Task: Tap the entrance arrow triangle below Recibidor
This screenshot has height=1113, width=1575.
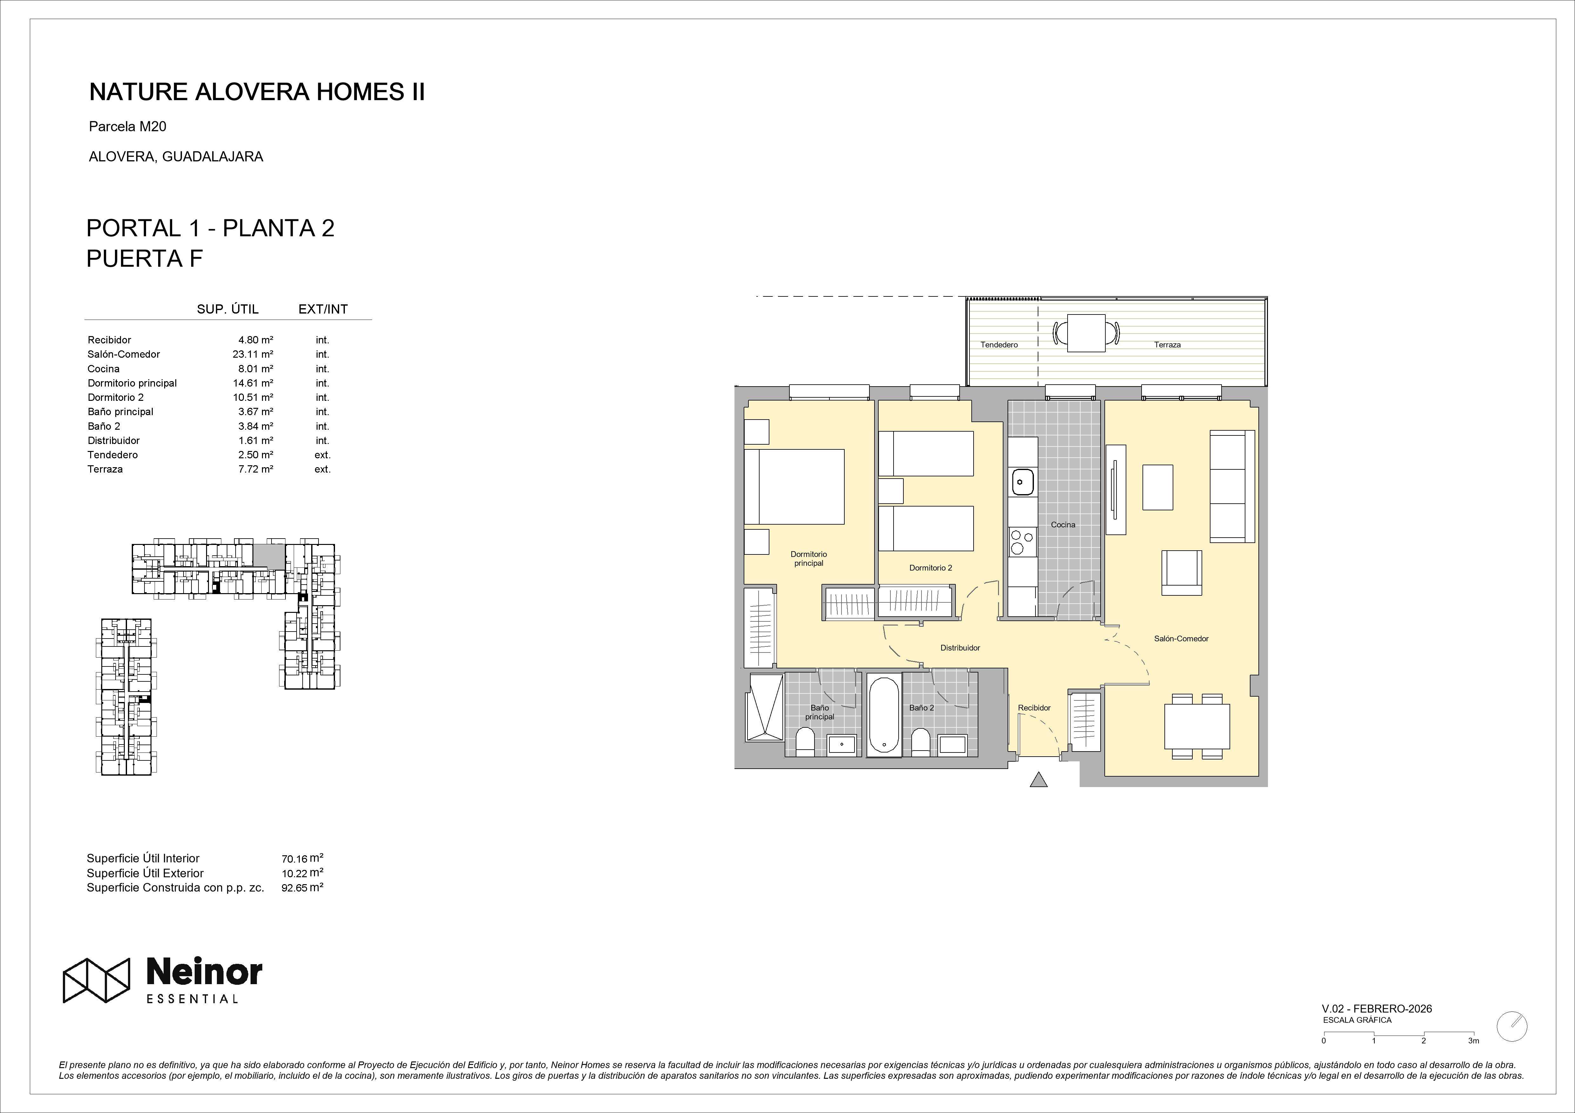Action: (1039, 780)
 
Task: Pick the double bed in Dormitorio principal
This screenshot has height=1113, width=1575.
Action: (794, 487)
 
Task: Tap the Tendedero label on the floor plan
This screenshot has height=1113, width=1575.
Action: (999, 345)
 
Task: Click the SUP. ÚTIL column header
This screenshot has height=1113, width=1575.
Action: (228, 309)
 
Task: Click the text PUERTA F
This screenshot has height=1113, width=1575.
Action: (145, 259)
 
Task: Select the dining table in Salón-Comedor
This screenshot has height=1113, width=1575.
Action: (1197, 726)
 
